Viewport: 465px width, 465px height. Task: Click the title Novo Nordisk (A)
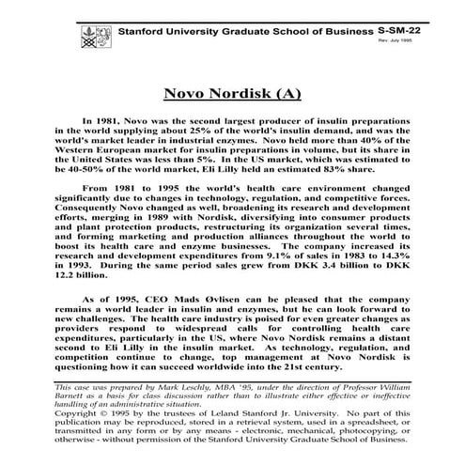(232, 94)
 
